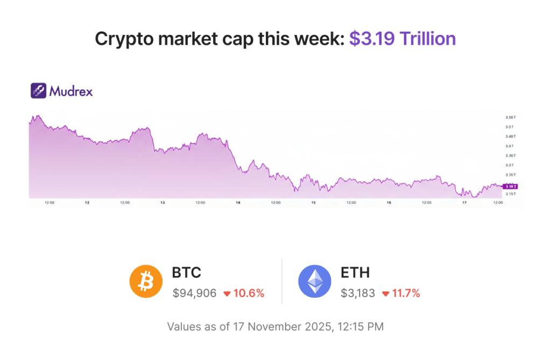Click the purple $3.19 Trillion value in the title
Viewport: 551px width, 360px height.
click(402, 39)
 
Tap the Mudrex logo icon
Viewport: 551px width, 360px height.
click(38, 90)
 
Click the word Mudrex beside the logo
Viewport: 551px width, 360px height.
click(71, 91)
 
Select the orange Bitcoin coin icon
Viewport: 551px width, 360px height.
click(146, 281)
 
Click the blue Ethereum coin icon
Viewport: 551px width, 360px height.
click(315, 281)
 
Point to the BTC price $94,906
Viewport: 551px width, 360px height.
click(194, 293)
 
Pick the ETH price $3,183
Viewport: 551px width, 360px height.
click(358, 293)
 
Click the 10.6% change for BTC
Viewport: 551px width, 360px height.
click(249, 293)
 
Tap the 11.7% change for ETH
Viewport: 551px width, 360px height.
click(405, 293)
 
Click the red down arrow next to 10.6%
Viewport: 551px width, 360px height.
click(227, 294)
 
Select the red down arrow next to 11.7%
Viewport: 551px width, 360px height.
click(385, 294)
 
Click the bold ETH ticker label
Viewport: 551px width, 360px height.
click(355, 273)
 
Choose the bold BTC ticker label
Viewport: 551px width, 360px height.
click(187, 273)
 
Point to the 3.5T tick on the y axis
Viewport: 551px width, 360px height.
click(509, 127)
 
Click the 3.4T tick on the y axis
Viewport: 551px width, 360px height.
click(509, 146)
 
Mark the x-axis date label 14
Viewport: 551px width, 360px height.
click(237, 203)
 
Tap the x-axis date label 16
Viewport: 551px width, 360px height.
click(388, 203)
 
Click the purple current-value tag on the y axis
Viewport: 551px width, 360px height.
click(509, 186)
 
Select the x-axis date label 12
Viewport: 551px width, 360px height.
click(87, 203)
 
